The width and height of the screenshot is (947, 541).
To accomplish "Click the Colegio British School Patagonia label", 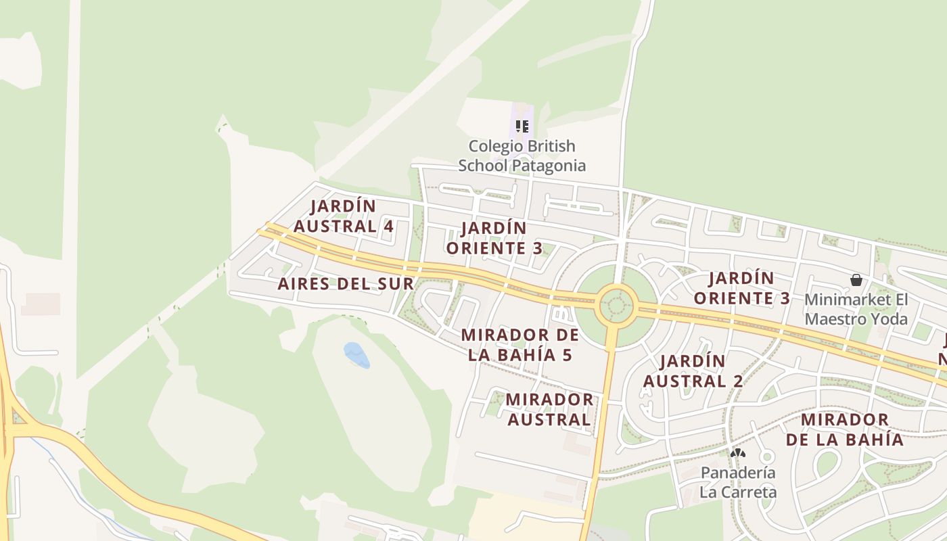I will point(522,156).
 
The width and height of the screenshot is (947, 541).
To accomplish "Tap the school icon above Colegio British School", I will point(522,126).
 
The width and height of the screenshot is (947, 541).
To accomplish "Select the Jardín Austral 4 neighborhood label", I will point(352,216).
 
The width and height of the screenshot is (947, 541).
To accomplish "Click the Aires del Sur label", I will point(346,283).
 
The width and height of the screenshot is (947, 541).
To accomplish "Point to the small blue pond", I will point(356,355).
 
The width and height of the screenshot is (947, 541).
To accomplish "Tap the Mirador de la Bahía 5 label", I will point(519,345).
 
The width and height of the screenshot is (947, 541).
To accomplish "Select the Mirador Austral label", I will point(549,409).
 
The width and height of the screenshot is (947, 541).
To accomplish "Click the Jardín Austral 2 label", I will point(693,371).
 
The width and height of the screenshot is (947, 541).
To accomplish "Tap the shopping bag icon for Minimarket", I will point(856,280).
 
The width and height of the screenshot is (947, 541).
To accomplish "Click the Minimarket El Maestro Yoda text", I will point(856,308).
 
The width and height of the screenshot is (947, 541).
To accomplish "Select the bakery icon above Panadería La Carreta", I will point(738,452).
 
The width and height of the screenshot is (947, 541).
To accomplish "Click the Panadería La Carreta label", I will point(738,481).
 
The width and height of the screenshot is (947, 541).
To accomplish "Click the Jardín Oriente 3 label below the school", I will point(494,238).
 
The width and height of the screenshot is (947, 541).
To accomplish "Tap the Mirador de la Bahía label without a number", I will point(844,429).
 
